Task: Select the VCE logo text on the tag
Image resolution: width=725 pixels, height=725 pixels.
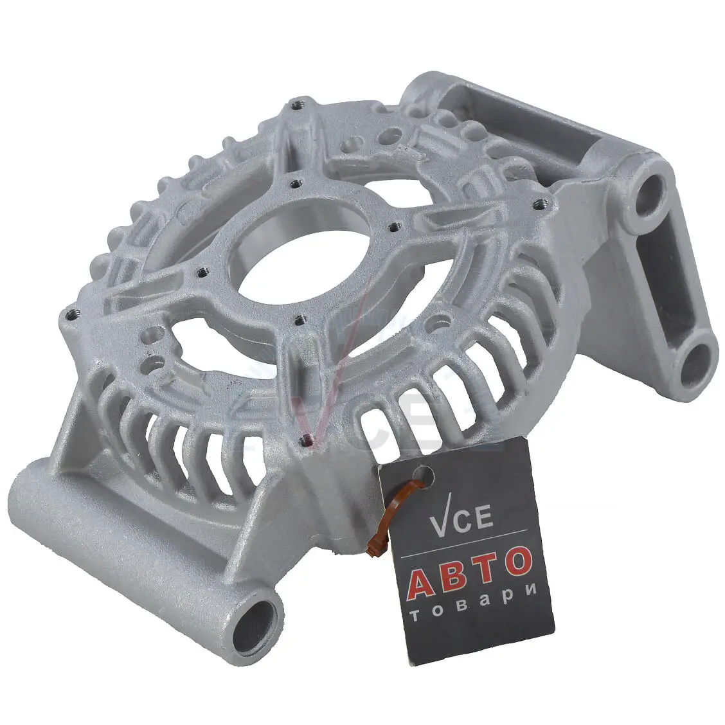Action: tap(461, 520)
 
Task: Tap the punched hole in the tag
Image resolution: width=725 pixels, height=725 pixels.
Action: tap(424, 476)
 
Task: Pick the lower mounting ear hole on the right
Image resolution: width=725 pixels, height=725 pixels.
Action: tap(695, 362)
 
